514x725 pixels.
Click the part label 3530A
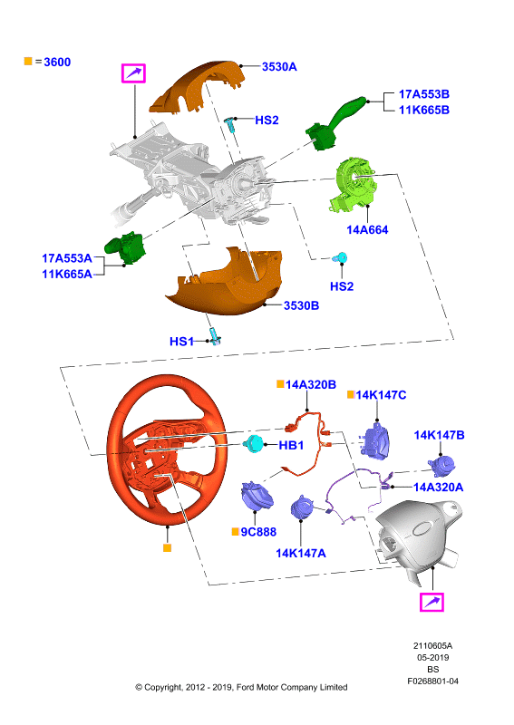279,66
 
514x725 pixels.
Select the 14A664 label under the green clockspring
367,230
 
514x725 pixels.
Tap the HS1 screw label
181,342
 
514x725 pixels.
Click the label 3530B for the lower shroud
301,305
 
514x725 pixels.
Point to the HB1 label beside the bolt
291,445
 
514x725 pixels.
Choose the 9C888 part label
258,532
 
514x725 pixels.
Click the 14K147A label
301,553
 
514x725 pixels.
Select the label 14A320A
438,487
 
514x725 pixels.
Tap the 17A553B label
423,94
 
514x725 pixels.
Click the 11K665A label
67,275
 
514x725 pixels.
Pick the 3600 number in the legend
57,62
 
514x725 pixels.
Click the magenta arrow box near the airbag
432,602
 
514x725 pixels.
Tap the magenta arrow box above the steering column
133,73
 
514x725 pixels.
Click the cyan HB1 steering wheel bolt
254,444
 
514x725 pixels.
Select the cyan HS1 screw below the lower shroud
215,336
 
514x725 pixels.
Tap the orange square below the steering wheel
168,548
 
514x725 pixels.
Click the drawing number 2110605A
432,645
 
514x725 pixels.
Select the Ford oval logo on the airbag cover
422,528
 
